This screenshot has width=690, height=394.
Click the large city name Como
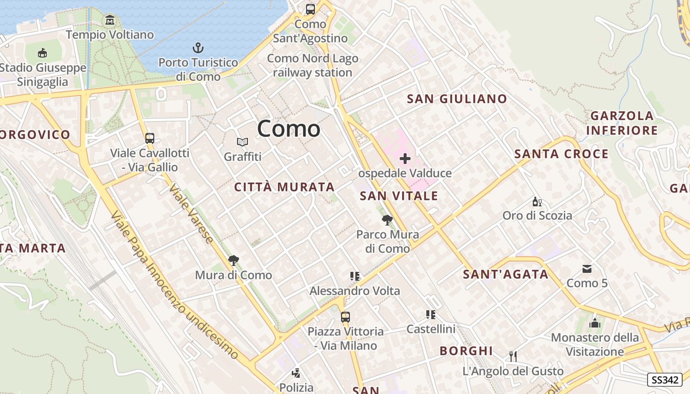289,129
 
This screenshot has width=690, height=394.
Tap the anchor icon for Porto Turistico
198,48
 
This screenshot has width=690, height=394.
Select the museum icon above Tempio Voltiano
110,20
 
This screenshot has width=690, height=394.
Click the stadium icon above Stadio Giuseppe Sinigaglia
43,53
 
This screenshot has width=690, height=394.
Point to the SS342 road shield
665,380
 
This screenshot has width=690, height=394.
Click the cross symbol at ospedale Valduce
405,159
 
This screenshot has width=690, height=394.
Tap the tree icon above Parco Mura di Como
387,220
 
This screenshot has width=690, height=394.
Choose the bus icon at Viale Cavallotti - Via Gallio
150,138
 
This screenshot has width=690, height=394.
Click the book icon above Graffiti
242,142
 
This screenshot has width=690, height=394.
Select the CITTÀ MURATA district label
284,187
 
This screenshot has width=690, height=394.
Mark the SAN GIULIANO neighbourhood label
457,99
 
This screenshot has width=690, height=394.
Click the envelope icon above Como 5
587,269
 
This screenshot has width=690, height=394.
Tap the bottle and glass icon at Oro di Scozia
537,201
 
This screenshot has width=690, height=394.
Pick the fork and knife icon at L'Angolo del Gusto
513,356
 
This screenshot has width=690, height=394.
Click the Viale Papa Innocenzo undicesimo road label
174,286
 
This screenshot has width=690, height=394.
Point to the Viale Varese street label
191,214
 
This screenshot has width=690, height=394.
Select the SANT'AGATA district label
506,275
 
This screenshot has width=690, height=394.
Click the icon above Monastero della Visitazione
595,324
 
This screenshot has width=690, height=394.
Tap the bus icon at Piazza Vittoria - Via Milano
345,317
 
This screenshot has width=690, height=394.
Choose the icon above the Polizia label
296,373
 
